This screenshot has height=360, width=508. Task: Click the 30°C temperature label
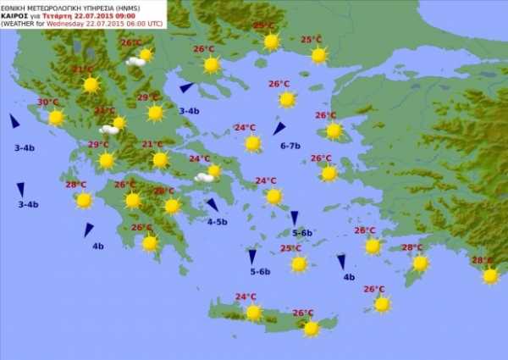[48, 103]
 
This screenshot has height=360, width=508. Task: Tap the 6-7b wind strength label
[290, 146]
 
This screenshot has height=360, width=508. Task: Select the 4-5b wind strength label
[218, 222]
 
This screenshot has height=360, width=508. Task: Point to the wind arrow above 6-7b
[279, 129]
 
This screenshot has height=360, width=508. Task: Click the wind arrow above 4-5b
[213, 204]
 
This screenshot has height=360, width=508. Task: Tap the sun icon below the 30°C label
[56, 118]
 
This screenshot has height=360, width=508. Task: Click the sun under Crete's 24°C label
[253, 313]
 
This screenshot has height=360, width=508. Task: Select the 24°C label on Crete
[246, 296]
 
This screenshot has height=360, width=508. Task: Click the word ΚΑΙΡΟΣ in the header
[15, 14]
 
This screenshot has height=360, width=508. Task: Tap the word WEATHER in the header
[21, 24]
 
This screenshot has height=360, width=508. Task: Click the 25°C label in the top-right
[311, 39]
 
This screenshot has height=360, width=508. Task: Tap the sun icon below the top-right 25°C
[319, 55]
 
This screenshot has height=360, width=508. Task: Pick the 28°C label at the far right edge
[482, 260]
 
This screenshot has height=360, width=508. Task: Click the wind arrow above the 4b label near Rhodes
[341, 262]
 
